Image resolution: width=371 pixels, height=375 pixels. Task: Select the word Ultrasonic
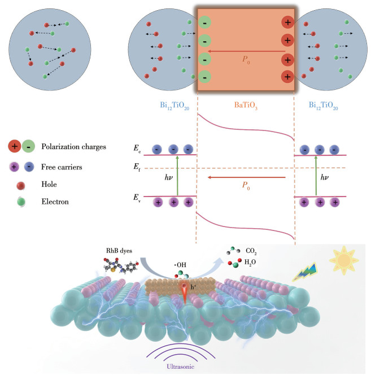tap(184, 367)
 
